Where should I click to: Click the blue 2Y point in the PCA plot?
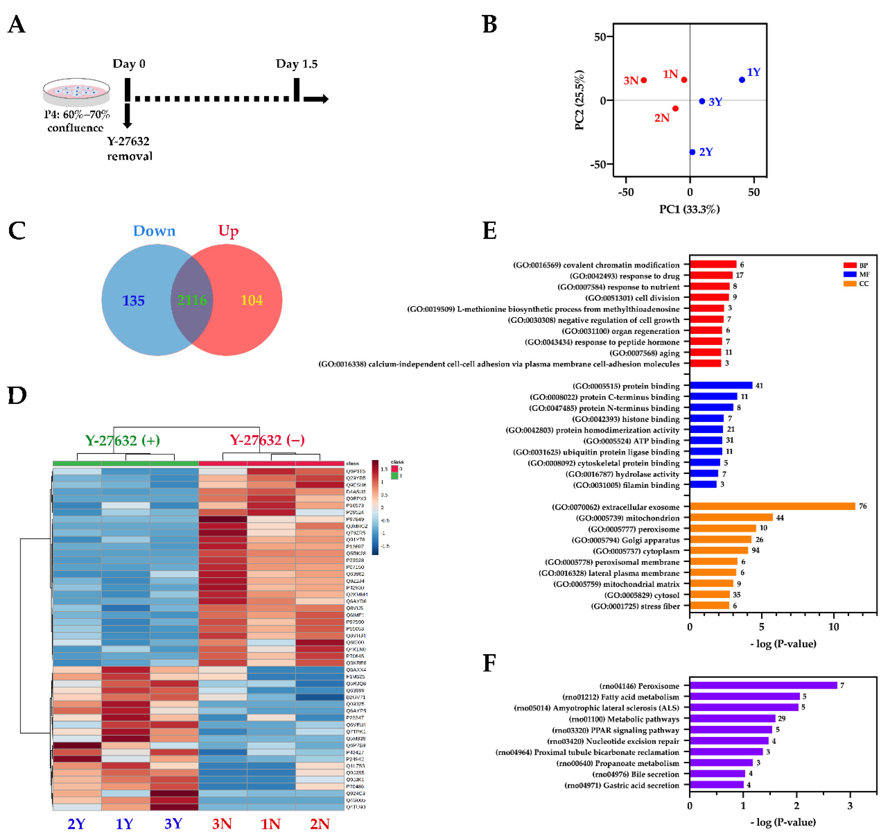pyautogui.click(x=692, y=152)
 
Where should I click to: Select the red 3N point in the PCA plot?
pyautogui.click(x=644, y=80)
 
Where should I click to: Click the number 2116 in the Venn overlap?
pyautogui.click(x=192, y=300)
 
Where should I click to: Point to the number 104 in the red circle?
pyautogui.click(x=252, y=300)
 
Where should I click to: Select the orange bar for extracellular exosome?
pyautogui.click(x=772, y=506)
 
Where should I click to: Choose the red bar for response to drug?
pyautogui.click(x=711, y=276)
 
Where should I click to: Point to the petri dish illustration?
pyautogui.click(x=77, y=92)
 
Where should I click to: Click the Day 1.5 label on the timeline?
pyautogui.click(x=297, y=64)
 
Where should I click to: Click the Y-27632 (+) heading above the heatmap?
pyautogui.click(x=123, y=441)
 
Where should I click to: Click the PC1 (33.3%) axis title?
pyautogui.click(x=689, y=209)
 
